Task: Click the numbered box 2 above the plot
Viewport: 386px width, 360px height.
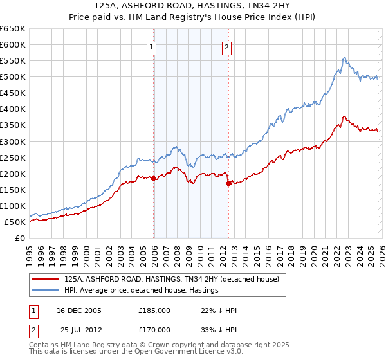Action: (227, 46)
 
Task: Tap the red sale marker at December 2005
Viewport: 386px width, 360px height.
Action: (154, 179)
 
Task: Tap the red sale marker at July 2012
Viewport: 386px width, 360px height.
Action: (228, 183)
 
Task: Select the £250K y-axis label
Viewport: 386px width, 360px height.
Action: (14, 158)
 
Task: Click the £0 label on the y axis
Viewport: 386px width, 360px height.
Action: (21, 239)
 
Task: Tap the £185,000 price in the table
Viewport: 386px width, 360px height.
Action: (154, 310)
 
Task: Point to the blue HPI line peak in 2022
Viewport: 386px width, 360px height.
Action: (345, 57)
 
